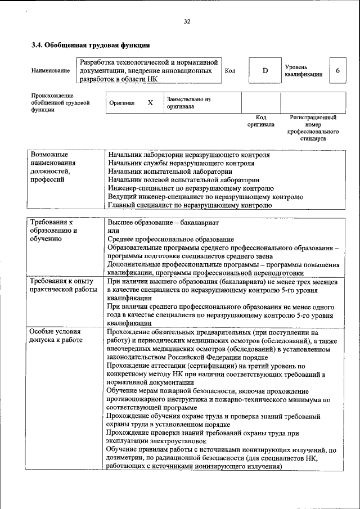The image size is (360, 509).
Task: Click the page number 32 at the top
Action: [x=187, y=21]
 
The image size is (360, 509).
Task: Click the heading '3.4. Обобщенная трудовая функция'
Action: [x=90, y=45]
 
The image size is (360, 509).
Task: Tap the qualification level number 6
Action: [x=337, y=71]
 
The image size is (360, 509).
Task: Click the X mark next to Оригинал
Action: [x=150, y=103]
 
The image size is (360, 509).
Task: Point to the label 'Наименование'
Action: [x=51, y=71]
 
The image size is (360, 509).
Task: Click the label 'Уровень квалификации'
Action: [x=304, y=71]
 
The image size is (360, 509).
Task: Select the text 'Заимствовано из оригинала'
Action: [x=188, y=102]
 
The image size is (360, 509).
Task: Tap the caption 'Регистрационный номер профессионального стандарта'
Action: [x=313, y=128]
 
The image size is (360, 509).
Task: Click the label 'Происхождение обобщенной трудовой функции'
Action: [x=61, y=103]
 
